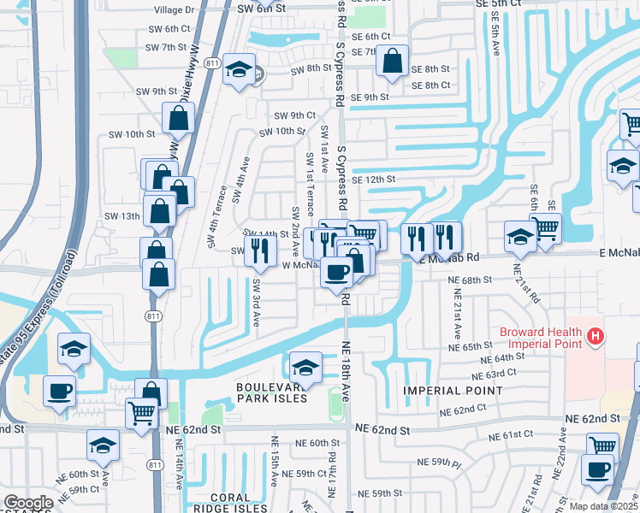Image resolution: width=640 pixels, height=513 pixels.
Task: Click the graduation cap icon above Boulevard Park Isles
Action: pyautogui.click(x=305, y=366)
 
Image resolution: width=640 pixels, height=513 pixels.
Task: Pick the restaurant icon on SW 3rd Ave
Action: pyautogui.click(x=260, y=250)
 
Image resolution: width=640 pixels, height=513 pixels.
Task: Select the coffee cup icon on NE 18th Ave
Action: pyautogui.click(x=336, y=271)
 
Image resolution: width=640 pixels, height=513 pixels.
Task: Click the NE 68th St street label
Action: pyautogui.click(x=470, y=280)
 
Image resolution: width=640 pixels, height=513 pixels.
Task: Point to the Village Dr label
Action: pyautogui.click(x=174, y=10)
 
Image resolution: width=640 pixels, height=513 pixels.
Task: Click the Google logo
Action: pyautogui.click(x=28, y=502)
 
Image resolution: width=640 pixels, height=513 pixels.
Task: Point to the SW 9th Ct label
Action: pyautogui.click(x=295, y=115)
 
